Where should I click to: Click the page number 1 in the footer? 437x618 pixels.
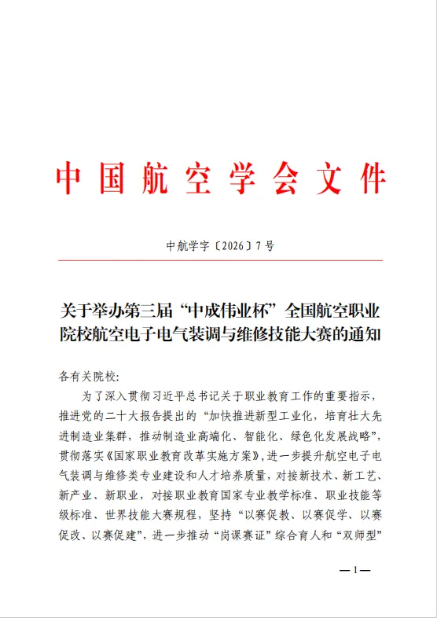[354, 570]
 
